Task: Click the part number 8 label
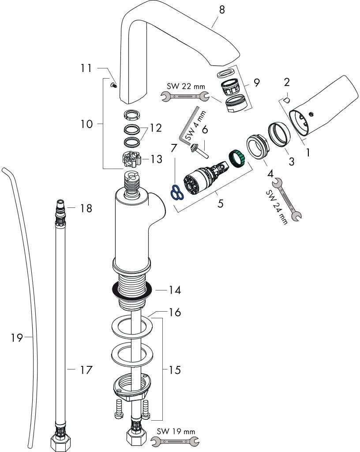pos(221,9)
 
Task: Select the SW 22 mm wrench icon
pos(185,95)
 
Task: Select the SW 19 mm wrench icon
pos(175,440)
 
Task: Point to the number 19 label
pos(17,339)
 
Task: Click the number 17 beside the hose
pos(86,370)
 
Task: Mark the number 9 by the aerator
pos(256,82)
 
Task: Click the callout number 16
pos(175,313)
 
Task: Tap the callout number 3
pos(291,161)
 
